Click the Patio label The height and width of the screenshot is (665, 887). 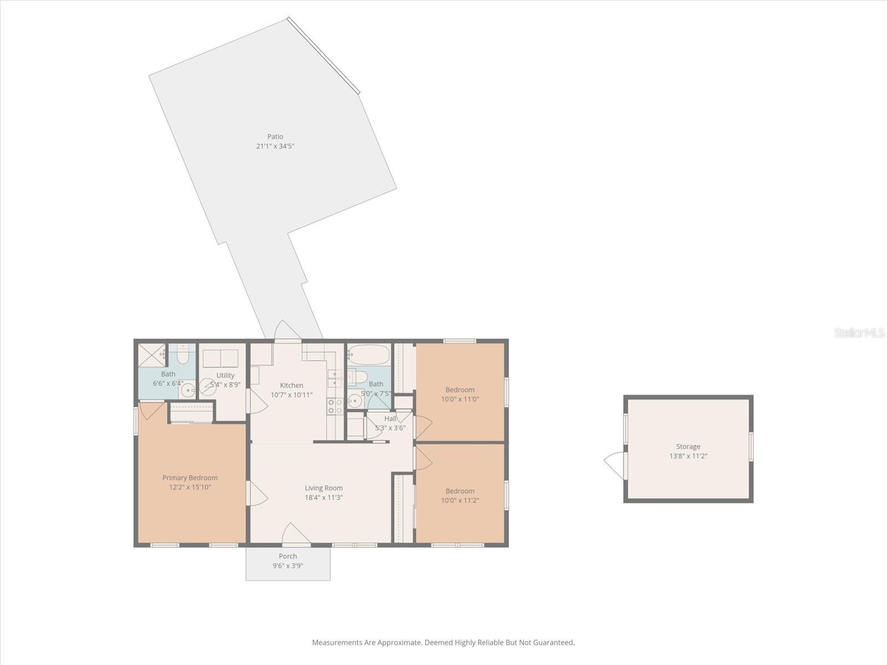tap(275, 136)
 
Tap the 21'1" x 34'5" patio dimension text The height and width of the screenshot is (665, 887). tap(275, 146)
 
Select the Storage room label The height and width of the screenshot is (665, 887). tap(688, 446)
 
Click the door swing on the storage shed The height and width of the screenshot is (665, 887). tap(614, 464)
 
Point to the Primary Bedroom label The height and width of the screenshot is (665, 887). tap(190, 478)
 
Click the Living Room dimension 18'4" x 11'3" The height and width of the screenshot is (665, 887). tap(324, 498)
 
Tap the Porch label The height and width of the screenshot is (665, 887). tap(288, 556)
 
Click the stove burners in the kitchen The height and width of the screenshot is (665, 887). tap(335, 406)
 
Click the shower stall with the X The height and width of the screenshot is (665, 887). tap(151, 355)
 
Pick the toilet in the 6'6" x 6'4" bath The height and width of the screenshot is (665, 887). tap(182, 354)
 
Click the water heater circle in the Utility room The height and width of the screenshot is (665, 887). tap(208, 387)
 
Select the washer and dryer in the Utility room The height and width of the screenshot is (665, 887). tap(220, 359)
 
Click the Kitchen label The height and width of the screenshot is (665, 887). tap(292, 385)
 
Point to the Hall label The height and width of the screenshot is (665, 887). tap(390, 418)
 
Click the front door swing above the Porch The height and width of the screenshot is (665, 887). tap(295, 535)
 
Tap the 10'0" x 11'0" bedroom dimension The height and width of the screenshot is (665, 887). tap(460, 399)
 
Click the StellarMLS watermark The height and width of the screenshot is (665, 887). tap(859, 333)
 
